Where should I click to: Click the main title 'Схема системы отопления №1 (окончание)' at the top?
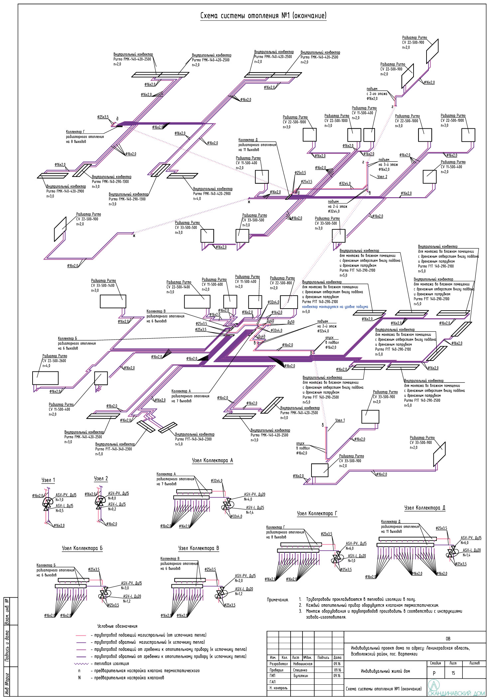click(263, 16)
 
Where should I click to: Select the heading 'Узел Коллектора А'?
click(212, 461)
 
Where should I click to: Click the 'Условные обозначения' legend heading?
click(117, 626)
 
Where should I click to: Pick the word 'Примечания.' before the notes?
click(278, 600)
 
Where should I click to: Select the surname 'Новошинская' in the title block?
click(303, 664)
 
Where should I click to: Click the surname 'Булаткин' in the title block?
click(301, 676)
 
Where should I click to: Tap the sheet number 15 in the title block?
click(453, 673)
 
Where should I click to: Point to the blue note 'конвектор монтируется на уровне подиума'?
click(335, 307)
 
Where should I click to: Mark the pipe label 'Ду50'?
click(291, 322)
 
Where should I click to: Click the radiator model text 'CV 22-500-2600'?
click(55, 361)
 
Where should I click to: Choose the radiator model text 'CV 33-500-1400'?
click(103, 285)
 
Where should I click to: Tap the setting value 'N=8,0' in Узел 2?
click(112, 498)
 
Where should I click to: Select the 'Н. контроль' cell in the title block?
click(279, 688)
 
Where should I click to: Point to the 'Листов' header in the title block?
click(474, 663)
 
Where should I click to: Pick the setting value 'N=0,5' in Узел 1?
click(60, 510)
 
